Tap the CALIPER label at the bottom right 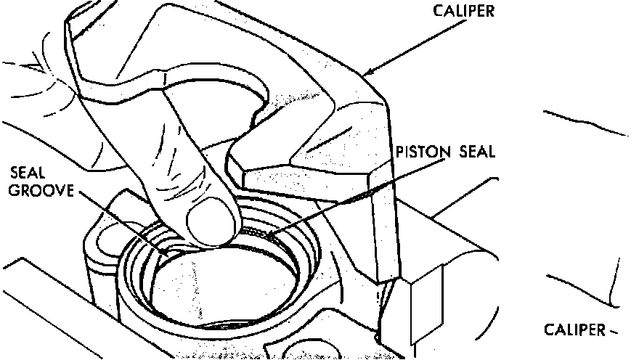click(x=574, y=330)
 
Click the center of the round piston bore click(x=221, y=283)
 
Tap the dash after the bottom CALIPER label click(x=613, y=332)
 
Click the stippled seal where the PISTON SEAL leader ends click(x=264, y=232)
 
